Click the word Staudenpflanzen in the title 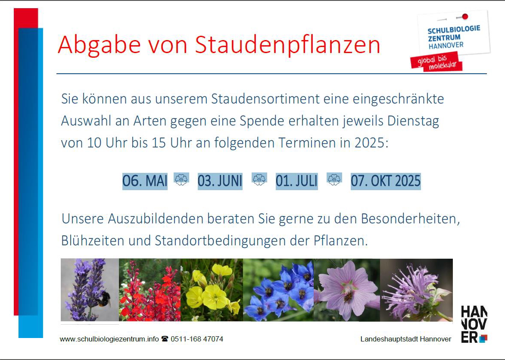tap(287, 45)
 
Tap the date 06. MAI tap(145, 181)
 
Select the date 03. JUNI tap(220, 181)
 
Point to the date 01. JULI tap(296, 181)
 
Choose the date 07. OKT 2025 tap(386, 181)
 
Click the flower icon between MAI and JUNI tap(181, 179)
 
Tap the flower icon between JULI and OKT tap(334, 179)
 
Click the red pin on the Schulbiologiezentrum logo tap(465, 16)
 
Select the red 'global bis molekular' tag tap(436, 62)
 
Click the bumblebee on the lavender tap(103, 298)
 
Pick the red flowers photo tap(150, 290)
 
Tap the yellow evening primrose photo tap(212, 290)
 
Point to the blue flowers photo tap(278, 290)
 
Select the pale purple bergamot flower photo tap(416, 290)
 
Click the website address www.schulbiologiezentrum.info tap(109, 339)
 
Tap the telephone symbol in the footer tap(165, 339)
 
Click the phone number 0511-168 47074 tap(197, 339)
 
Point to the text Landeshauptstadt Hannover tap(406, 339)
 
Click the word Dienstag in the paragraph tap(413, 121)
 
